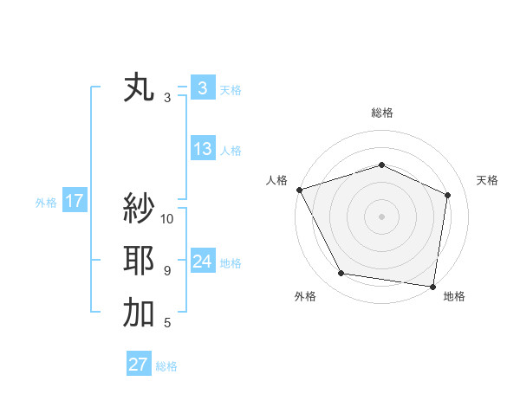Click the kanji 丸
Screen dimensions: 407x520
coord(139,88)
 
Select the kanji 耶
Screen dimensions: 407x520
coord(139,261)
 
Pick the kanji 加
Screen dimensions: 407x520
coord(139,313)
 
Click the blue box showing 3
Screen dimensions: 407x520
coord(202,88)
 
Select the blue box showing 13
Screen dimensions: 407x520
coord(202,149)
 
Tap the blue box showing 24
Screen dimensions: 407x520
coord(202,262)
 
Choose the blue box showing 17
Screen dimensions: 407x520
coord(75,202)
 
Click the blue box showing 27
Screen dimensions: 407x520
coord(139,365)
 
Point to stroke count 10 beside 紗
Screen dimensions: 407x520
coord(167,218)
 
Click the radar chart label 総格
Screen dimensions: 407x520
coord(381,113)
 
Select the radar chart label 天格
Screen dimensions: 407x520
coord(488,180)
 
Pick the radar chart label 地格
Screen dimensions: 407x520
coord(454,296)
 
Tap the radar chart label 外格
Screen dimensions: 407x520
coord(305,296)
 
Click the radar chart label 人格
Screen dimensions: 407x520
coord(276,180)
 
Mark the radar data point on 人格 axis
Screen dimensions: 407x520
coord(299,189)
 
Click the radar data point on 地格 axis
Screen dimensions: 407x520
coord(433,286)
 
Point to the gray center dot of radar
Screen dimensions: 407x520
coord(381,216)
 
